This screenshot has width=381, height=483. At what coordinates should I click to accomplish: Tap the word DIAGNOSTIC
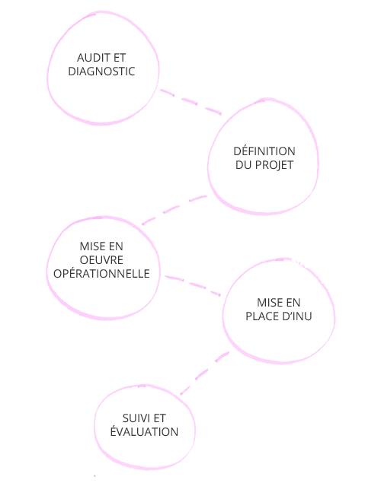(x=101, y=71)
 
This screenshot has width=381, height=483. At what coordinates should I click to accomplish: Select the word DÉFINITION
(x=264, y=151)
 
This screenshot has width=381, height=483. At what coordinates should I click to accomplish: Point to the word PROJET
(x=274, y=165)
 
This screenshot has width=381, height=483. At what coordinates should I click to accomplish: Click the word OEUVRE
(x=101, y=260)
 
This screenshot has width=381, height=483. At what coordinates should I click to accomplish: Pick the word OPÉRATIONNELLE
(x=101, y=274)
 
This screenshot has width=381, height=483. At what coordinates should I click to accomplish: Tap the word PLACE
(x=261, y=316)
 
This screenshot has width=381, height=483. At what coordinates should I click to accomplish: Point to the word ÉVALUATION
(x=144, y=431)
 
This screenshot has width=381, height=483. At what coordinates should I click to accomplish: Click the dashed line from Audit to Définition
(x=191, y=102)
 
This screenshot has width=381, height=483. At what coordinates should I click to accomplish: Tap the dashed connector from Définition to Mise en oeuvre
(x=174, y=209)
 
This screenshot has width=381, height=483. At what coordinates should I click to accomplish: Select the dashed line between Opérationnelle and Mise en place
(x=193, y=285)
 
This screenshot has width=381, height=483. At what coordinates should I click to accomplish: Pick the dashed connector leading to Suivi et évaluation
(x=204, y=373)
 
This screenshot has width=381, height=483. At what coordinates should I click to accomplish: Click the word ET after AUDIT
(x=120, y=58)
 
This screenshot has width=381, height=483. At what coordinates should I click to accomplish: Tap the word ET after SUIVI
(x=159, y=418)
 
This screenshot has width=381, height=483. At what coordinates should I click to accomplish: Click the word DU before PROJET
(x=244, y=165)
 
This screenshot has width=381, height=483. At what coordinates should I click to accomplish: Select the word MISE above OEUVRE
(x=92, y=246)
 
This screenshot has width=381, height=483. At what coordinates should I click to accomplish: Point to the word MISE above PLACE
(x=270, y=303)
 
